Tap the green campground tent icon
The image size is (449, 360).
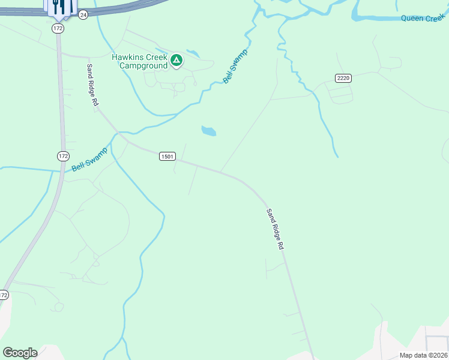point(176,60)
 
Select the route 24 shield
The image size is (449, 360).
point(83,14)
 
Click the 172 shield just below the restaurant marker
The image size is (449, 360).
point(58,28)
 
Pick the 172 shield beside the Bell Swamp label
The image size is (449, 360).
point(63,156)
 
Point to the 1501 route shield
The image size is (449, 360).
point(167,157)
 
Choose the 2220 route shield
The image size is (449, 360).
point(343,78)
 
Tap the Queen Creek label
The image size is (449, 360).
point(423,19)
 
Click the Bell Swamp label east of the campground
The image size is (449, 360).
point(235,67)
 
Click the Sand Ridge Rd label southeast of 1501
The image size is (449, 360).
point(275,229)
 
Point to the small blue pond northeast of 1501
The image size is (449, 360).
point(208,131)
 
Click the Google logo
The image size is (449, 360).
point(20,353)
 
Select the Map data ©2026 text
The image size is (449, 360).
point(423,355)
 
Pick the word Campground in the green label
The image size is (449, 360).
point(143,65)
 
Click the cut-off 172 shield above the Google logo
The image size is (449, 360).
point(4,295)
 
